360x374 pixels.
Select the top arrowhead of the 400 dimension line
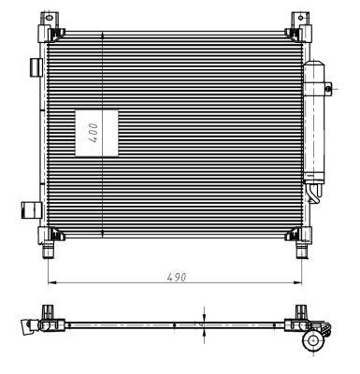(x=101, y=35)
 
